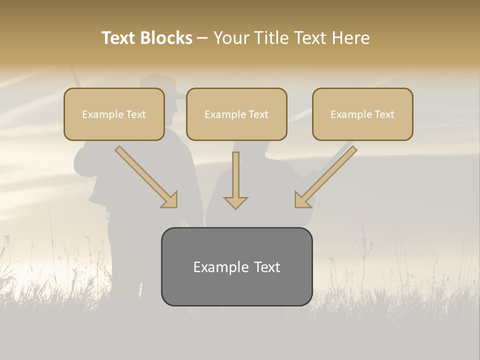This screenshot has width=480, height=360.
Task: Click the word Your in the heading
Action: [x=231, y=38]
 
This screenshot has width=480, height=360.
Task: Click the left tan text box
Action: [x=114, y=114]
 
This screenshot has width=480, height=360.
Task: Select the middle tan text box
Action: [x=236, y=114]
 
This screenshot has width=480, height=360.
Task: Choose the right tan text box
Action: [x=362, y=114]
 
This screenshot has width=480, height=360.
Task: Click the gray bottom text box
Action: [x=236, y=266]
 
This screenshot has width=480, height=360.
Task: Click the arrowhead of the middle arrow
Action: [x=235, y=202]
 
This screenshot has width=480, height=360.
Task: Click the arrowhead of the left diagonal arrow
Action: [x=170, y=200]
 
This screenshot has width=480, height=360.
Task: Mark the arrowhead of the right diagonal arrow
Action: [x=301, y=199]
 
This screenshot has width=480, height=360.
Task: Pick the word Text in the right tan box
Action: [x=384, y=114]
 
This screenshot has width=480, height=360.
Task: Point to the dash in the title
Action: [x=202, y=38]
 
